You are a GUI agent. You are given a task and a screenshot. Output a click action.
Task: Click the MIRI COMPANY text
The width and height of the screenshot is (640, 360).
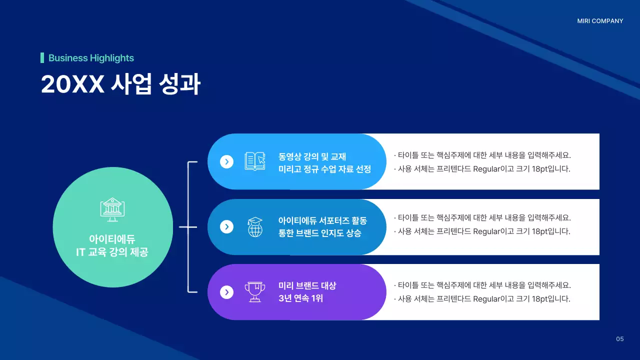point(600,21)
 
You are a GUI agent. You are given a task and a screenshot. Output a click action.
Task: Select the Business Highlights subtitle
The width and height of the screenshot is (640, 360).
point(91,58)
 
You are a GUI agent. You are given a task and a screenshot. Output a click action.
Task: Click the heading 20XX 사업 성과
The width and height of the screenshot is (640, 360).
point(120,84)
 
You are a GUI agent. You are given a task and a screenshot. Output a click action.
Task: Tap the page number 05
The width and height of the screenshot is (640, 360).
point(620,339)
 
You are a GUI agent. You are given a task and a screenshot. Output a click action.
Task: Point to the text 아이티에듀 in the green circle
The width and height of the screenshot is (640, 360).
point(112,239)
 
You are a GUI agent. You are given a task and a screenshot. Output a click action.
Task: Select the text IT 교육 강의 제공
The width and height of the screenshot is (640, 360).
point(112,252)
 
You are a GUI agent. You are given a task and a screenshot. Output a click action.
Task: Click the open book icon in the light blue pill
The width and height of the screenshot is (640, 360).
point(255,161)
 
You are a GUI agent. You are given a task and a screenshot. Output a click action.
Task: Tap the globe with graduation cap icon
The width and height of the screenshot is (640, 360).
point(255,227)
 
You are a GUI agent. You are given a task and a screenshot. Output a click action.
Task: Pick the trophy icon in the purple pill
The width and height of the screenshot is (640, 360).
point(255,292)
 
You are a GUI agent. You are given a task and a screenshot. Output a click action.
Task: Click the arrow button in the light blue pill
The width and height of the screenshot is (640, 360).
point(227,161)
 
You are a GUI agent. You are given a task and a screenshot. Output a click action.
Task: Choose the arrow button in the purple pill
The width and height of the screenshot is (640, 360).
point(227,292)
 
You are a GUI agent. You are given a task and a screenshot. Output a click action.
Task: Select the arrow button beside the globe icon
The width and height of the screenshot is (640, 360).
point(227,227)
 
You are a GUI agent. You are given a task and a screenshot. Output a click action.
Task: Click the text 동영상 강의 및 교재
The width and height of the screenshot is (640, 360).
point(312,156)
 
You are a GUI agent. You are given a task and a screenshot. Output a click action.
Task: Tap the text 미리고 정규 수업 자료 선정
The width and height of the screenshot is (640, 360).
point(324,169)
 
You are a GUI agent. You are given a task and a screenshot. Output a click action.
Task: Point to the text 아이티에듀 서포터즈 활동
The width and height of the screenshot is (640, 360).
point(322,220)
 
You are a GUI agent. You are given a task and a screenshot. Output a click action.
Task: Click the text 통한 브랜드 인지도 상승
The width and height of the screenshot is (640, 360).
point(319,233)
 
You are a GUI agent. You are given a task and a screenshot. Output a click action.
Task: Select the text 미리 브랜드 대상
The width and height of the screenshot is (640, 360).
point(307,286)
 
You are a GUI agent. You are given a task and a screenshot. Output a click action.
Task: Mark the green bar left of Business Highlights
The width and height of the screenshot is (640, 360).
point(42,58)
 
